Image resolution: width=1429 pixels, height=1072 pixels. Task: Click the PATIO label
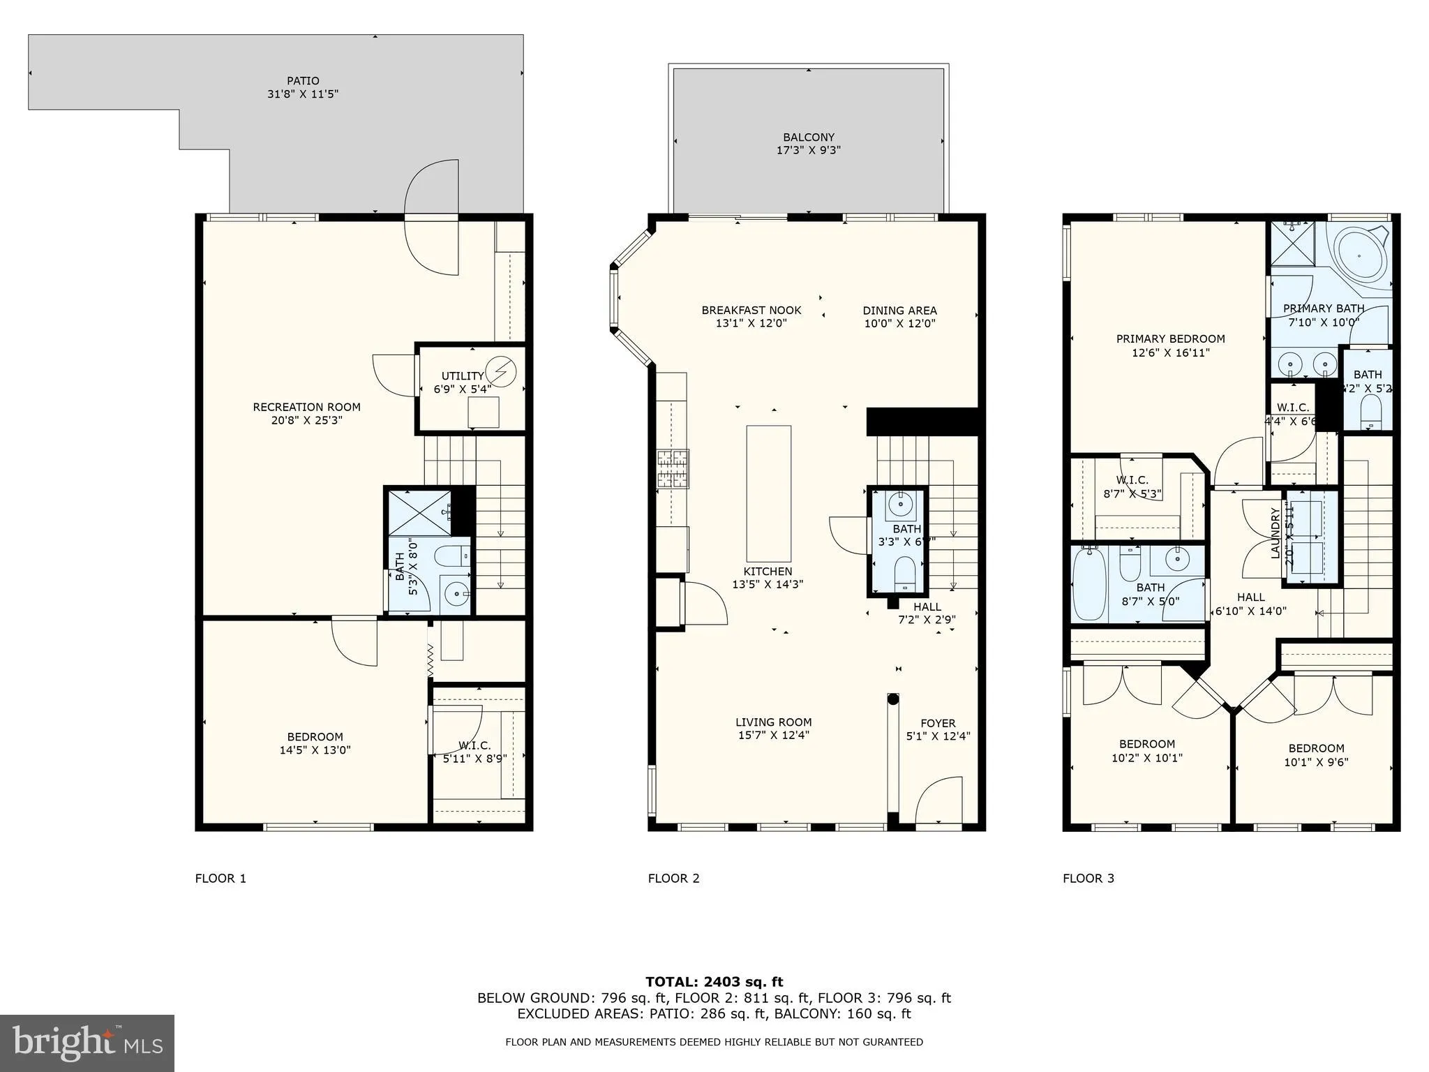coord(302,81)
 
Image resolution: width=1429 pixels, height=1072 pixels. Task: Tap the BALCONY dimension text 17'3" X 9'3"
coord(808,150)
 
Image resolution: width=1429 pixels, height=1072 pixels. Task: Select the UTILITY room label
coord(463,376)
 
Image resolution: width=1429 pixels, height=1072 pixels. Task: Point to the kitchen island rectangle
coord(768,493)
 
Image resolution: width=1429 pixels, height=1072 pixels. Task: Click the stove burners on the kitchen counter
coord(673,468)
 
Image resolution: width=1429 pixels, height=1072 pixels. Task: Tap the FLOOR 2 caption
coord(673,878)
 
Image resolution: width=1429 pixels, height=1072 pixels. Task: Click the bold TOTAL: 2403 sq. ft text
coord(714,982)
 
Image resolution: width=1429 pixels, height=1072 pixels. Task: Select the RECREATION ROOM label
coord(306,407)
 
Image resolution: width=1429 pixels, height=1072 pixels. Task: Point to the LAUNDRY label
coord(1275,533)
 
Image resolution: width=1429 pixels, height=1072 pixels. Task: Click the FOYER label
coord(938,723)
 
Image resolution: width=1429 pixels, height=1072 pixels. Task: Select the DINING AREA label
coord(899,311)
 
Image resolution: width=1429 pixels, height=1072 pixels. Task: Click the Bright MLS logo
coord(87,1043)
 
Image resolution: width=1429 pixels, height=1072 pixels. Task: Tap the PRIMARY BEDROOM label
coord(1170,339)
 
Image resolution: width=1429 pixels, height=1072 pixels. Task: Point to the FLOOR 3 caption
coord(1088,878)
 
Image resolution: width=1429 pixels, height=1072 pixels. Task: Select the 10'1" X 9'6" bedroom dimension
coord(1315,762)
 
